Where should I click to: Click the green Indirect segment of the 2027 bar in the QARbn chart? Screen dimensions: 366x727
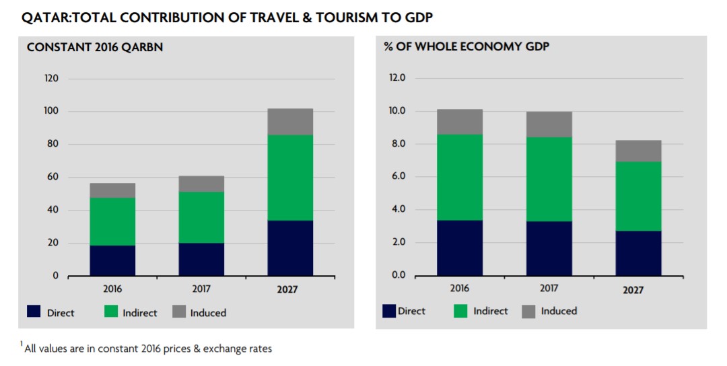click(x=290, y=178)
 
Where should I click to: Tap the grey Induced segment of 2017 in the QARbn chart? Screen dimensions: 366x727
click(x=202, y=184)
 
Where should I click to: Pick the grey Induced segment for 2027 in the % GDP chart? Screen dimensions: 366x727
click(x=639, y=151)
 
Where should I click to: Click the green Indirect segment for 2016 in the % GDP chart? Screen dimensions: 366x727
click(x=460, y=177)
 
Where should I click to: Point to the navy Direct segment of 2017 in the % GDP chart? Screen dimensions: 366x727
click(x=549, y=248)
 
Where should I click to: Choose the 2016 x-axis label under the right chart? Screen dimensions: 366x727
click(x=460, y=289)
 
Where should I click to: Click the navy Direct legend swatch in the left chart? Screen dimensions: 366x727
click(x=34, y=312)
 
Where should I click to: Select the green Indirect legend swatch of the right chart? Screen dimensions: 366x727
click(x=461, y=311)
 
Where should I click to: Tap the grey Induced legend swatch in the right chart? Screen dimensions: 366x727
click(x=529, y=311)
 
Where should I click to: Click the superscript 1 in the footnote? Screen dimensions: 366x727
click(x=22, y=344)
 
